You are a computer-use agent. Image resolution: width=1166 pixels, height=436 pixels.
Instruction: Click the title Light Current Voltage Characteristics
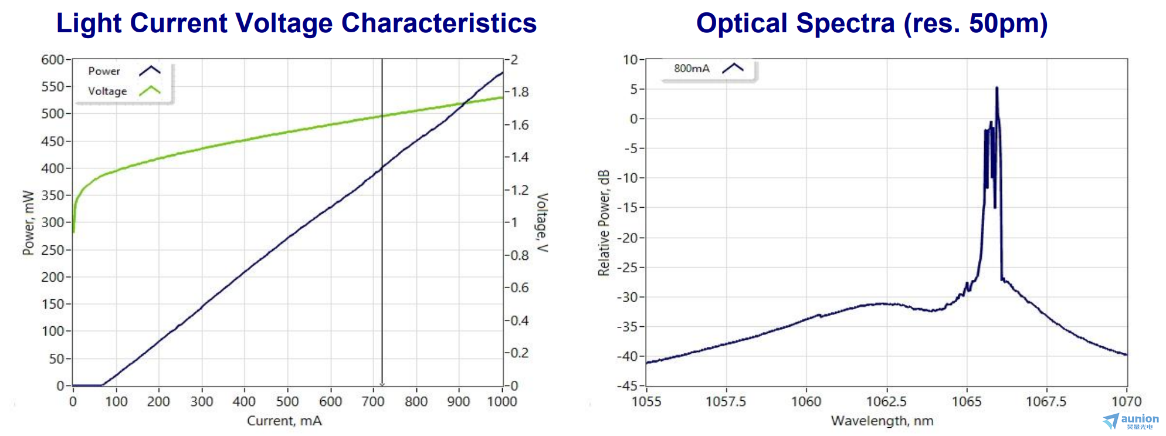coord(296,23)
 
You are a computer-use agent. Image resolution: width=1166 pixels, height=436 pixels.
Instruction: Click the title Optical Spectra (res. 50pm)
coord(872,23)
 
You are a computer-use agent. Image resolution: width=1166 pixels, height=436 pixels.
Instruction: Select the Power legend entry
coord(104,71)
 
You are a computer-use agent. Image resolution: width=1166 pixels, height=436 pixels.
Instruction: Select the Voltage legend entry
coord(107,91)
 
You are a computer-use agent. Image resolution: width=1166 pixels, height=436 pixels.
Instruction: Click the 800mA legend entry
coord(692,68)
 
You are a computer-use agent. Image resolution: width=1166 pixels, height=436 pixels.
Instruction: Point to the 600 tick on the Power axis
coord(53,59)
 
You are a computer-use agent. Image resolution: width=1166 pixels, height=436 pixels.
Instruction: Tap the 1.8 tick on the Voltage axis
coord(520,92)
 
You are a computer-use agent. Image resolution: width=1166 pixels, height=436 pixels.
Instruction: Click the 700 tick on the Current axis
coord(373,401)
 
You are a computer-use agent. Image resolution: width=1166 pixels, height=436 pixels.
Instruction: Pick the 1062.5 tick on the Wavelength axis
coord(886,401)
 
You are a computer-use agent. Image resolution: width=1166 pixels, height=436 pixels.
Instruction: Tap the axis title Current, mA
coord(284,421)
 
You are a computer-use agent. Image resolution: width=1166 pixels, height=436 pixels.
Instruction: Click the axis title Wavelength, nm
coord(882,421)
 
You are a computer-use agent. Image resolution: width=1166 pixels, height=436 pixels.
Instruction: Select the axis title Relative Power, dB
coord(604,223)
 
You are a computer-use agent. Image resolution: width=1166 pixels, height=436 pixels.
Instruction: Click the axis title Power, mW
coord(28,223)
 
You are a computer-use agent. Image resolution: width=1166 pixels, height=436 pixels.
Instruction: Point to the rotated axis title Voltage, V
coord(543,223)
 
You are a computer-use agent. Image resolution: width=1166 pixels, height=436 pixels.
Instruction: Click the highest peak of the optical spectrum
coord(996,88)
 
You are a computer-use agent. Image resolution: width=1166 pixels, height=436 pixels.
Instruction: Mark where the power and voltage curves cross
coord(463,104)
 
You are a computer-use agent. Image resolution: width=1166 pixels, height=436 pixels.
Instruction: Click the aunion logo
coord(1132,421)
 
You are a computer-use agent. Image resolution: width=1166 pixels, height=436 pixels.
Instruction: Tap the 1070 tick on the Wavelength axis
coord(1127,401)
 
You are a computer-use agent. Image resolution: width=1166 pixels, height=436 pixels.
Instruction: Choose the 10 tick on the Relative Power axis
coord(630,59)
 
